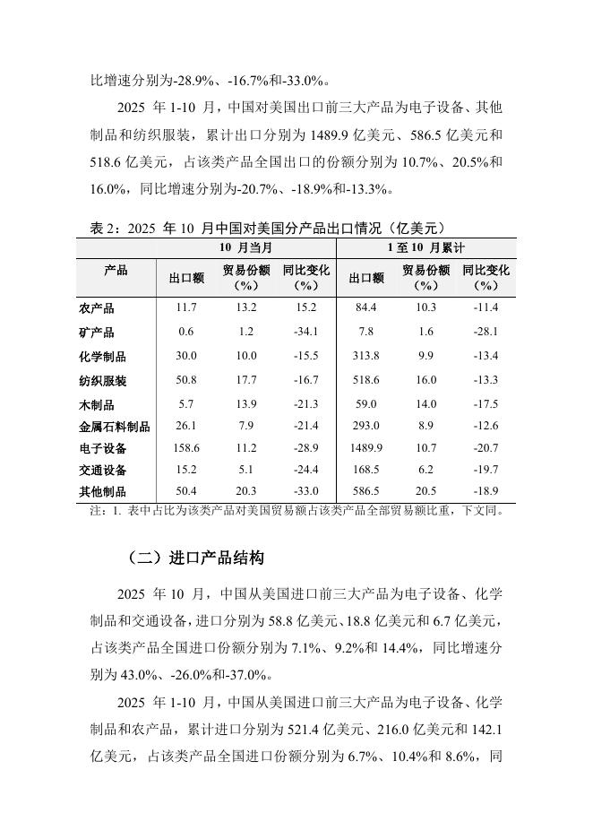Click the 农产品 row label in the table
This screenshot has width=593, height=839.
click(x=97, y=308)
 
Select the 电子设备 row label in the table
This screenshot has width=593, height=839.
click(x=102, y=448)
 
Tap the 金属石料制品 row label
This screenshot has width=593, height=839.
click(x=115, y=427)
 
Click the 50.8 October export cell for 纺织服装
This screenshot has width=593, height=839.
click(x=186, y=380)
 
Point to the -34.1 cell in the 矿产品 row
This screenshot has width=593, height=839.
click(x=306, y=332)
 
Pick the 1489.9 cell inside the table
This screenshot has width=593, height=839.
click(x=366, y=448)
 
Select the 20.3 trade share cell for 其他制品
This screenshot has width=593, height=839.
click(x=246, y=491)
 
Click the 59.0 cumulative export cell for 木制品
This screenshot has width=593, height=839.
click(x=366, y=405)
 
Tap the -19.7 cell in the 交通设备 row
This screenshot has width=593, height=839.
click(x=486, y=470)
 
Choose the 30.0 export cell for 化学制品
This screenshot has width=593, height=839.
click(x=186, y=356)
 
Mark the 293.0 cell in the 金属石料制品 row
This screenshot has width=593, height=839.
click(x=366, y=427)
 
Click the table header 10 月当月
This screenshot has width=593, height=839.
click(x=245, y=247)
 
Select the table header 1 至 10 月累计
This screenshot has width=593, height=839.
click(x=425, y=247)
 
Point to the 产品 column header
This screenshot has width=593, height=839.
click(x=116, y=271)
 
